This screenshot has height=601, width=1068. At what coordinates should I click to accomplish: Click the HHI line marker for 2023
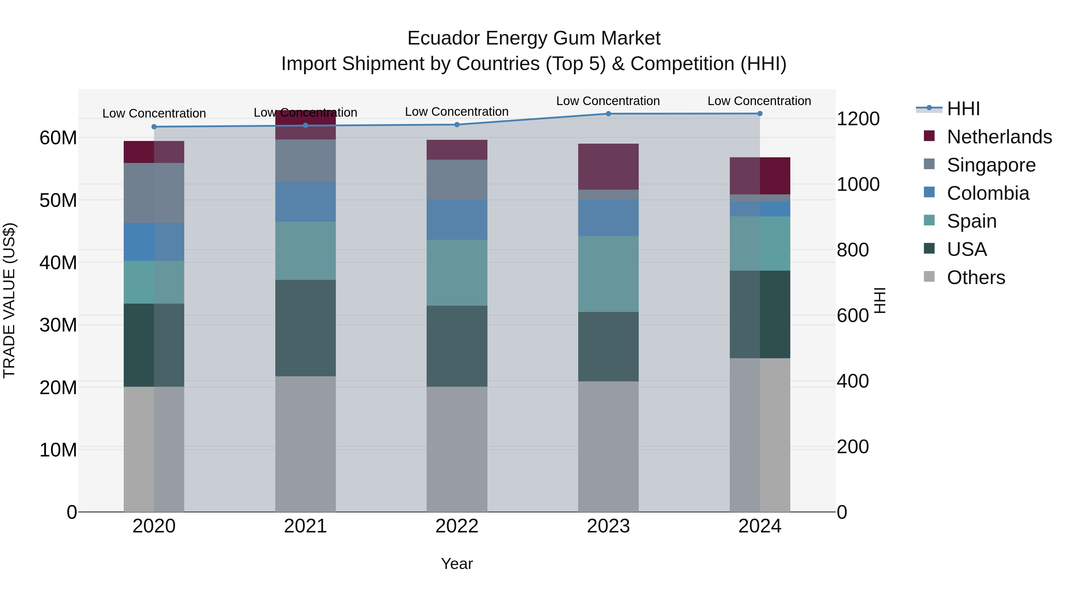608,114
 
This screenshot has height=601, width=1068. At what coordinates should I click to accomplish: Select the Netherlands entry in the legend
999,137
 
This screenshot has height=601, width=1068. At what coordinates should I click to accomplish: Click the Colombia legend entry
988,193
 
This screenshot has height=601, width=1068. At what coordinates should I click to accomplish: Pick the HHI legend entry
963,109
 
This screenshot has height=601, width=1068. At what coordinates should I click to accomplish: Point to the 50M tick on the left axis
58,200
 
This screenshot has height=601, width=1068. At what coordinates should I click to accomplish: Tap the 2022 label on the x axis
457,526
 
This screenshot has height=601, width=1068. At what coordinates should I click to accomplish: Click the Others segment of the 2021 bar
306,444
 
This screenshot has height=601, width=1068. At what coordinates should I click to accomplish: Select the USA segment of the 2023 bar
608,347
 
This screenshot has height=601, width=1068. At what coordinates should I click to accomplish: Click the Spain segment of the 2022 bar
457,273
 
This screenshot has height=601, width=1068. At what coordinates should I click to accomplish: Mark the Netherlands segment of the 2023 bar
608,167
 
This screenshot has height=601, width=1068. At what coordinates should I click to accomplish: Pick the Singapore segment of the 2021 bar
306,161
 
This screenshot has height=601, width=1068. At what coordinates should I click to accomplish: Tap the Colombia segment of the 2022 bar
457,220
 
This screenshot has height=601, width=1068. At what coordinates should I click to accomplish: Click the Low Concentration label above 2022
457,112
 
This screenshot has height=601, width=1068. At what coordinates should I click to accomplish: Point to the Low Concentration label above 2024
759,101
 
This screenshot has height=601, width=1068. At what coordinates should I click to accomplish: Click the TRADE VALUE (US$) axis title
9,301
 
